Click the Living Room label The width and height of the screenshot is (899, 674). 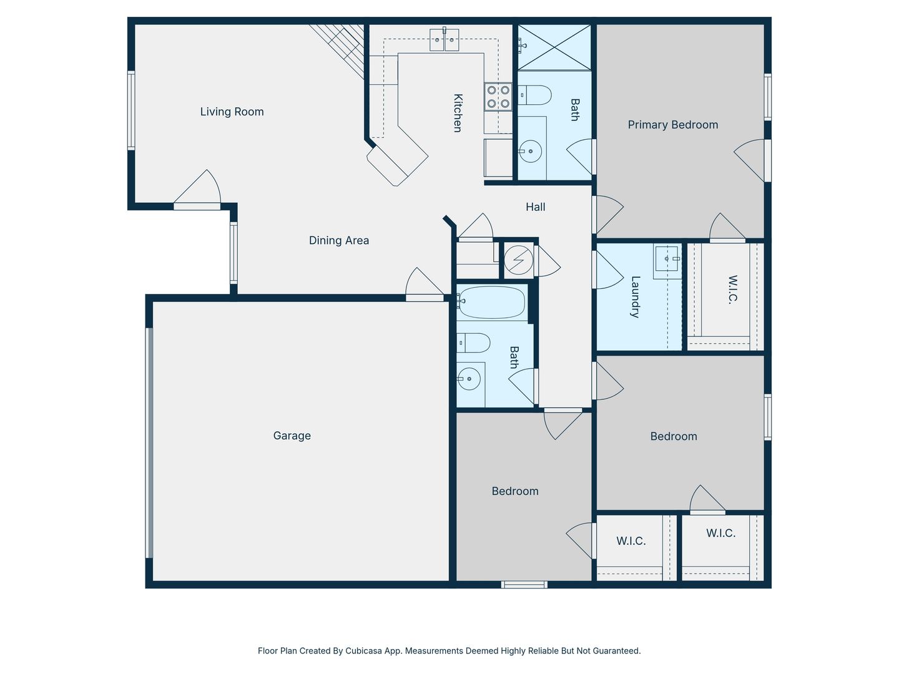232,112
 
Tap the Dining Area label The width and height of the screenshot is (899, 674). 339,240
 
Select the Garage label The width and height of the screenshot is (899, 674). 292,436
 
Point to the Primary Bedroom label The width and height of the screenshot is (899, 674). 673,125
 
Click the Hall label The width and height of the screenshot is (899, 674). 535,207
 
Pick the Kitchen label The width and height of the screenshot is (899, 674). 458,114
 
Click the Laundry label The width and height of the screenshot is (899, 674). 635,297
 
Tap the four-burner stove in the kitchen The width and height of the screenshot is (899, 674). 498,97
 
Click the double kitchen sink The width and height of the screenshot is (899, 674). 445,40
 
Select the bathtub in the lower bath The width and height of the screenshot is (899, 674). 491,303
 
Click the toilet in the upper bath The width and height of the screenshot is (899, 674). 535,95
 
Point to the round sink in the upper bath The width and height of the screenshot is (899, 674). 531,151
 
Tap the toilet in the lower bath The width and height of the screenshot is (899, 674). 474,343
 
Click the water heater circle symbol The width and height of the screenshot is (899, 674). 519,260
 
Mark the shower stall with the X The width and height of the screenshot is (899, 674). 554,47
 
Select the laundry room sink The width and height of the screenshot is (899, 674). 667,258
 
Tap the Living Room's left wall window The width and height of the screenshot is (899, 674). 131,110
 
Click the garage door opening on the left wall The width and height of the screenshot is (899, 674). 149,443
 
